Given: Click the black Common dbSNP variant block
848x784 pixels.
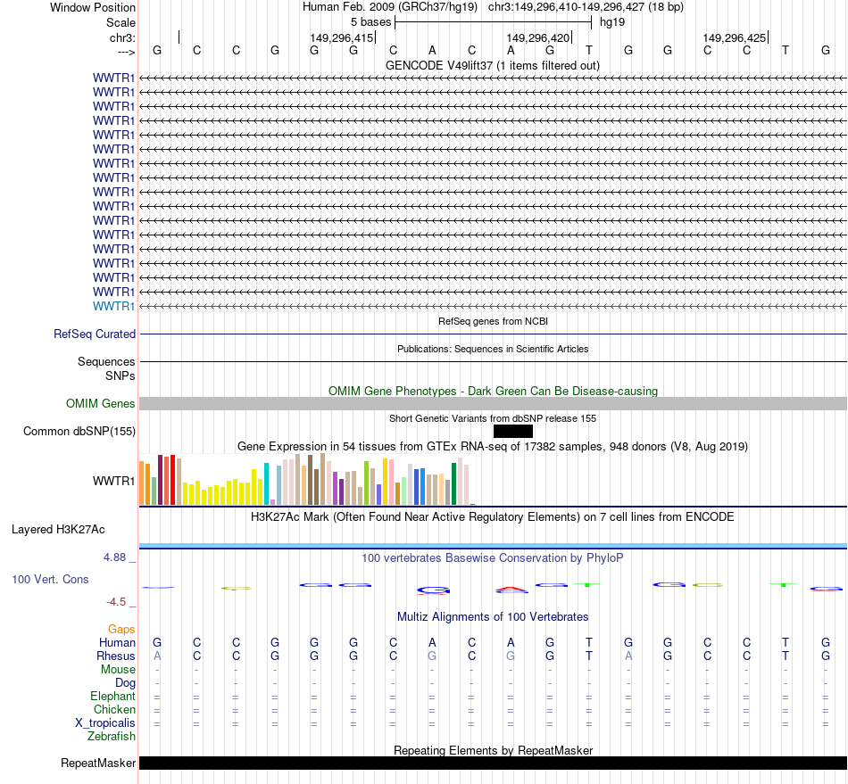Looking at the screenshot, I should click(x=512, y=431).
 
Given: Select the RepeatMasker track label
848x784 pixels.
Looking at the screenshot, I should click(x=98, y=763).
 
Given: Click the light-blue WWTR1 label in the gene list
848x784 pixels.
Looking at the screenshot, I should click(x=114, y=306).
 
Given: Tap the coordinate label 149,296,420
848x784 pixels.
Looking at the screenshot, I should click(x=537, y=37).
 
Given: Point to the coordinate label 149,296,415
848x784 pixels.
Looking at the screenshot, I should click(x=341, y=37).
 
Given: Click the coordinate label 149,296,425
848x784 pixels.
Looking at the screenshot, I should click(x=734, y=37).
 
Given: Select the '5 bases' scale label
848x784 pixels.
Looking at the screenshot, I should click(x=370, y=21).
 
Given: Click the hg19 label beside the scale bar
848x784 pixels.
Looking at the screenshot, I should click(x=612, y=21).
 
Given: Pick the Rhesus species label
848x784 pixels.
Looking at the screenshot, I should click(x=117, y=656).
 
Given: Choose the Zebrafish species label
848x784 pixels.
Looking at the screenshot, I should click(x=112, y=736).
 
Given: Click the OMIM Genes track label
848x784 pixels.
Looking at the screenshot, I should click(x=101, y=403).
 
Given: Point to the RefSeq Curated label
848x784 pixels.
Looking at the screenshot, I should click(x=95, y=334).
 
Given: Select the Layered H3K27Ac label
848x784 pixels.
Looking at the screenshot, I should click(x=58, y=529).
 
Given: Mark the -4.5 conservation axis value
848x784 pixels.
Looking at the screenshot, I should click(x=120, y=601).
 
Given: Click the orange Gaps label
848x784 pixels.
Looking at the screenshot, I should click(x=121, y=629).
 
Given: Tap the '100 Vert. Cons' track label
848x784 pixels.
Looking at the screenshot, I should click(x=50, y=579).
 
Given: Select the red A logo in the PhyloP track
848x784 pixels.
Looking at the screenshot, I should click(x=511, y=589).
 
